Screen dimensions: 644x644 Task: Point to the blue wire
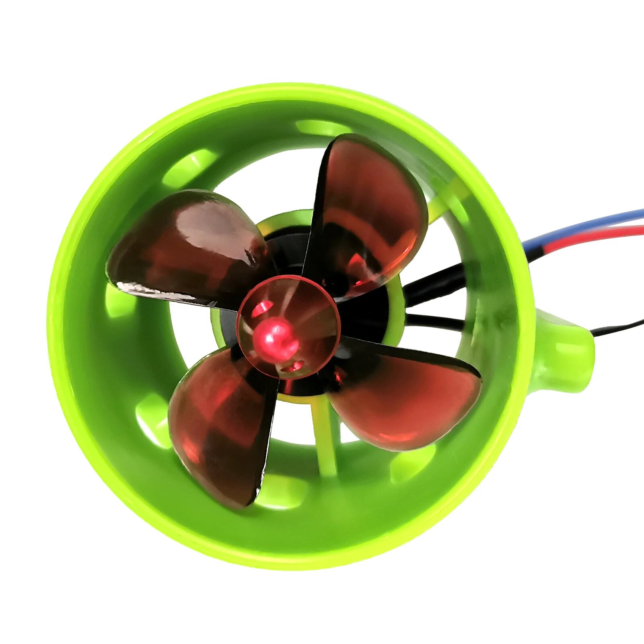click(x=583, y=225)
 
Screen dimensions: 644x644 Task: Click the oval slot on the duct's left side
click(x=119, y=300)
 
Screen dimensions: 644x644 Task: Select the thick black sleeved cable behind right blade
click(x=434, y=282)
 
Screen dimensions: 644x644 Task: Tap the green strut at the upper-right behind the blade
click(x=446, y=201)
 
